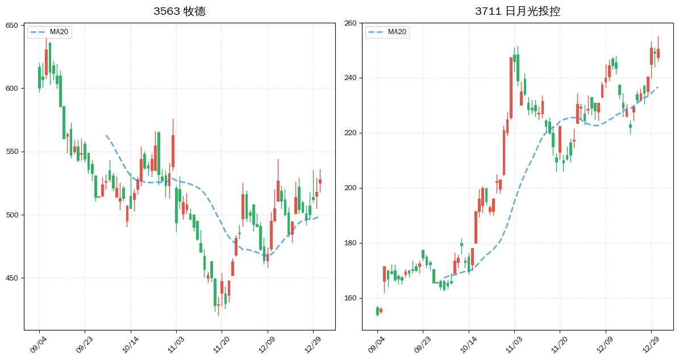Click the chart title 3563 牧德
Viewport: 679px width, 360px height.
point(179,11)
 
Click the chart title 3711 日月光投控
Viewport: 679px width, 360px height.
point(517,11)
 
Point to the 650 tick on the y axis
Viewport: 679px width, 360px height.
point(12,26)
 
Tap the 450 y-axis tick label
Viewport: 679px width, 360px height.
point(12,278)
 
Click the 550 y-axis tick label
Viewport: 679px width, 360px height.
point(12,152)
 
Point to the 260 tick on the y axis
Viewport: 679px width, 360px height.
point(350,23)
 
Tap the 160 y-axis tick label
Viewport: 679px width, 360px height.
point(350,298)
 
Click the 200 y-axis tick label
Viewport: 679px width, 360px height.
point(350,188)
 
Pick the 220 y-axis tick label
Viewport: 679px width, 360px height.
point(350,133)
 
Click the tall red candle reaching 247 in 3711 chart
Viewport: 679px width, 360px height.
point(511,87)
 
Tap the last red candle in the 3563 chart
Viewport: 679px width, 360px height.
point(320,182)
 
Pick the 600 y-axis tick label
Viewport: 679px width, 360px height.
point(12,89)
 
